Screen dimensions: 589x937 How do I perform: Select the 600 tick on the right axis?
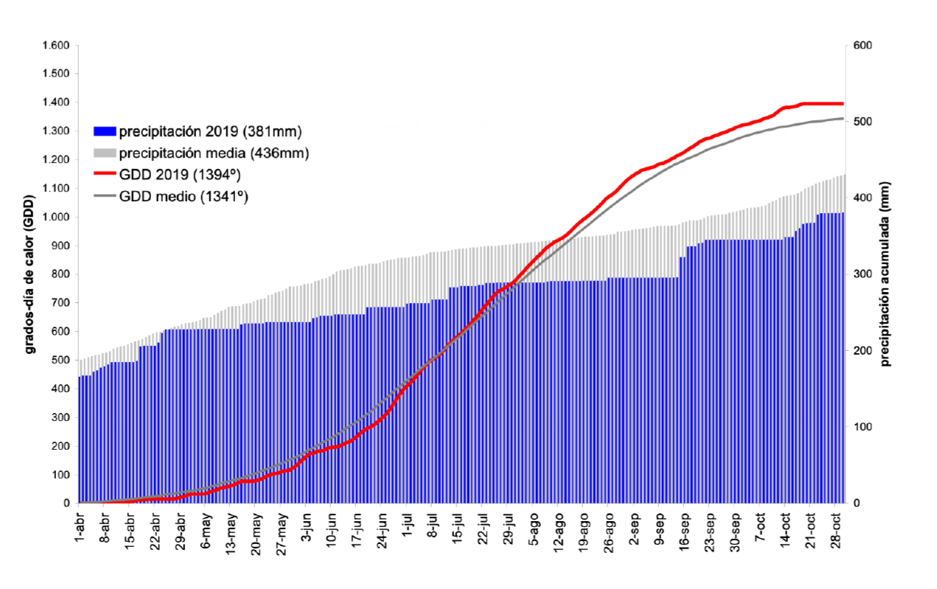(x=862, y=46)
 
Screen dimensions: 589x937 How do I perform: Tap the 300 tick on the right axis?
(x=862, y=274)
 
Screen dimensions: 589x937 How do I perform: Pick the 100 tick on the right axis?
(x=862, y=427)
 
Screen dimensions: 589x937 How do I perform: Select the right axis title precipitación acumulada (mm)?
(x=885, y=273)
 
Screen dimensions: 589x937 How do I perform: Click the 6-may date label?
(x=206, y=528)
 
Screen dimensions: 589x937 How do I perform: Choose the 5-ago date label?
(x=533, y=528)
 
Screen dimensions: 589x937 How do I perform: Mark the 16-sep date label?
(x=683, y=529)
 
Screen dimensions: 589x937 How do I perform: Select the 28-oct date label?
(x=835, y=529)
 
